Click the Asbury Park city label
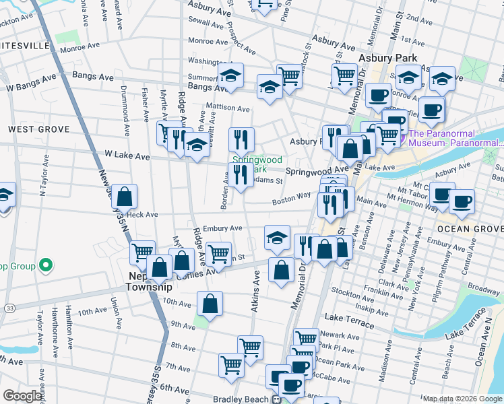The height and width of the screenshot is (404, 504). (x=388, y=59)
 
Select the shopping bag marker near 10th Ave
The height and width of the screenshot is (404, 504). (x=210, y=303)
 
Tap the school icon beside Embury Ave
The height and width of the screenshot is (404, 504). (x=277, y=236)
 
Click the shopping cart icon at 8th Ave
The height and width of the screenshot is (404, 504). (x=250, y=347)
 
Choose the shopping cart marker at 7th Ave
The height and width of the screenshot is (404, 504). (x=231, y=364)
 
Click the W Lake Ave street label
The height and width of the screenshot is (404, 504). (x=127, y=155)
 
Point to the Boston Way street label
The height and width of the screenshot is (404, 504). (x=291, y=201)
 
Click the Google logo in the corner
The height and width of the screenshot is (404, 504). (x=23, y=396)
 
